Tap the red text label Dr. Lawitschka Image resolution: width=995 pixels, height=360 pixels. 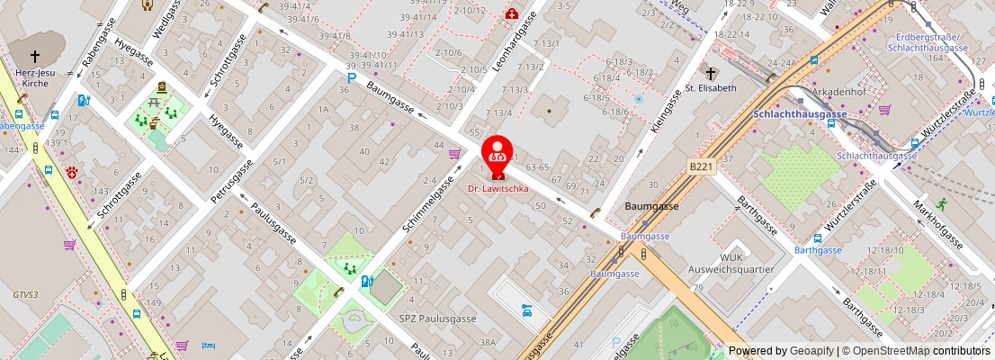tap(497, 189)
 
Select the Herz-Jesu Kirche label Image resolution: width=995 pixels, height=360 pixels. tap(37, 77)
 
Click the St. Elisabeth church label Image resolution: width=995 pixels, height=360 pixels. tap(711, 88)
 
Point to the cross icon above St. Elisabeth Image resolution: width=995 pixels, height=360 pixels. tap(710, 71)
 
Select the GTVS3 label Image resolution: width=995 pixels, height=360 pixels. tap(25, 294)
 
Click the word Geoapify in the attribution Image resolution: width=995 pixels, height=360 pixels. tap(811, 351)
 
